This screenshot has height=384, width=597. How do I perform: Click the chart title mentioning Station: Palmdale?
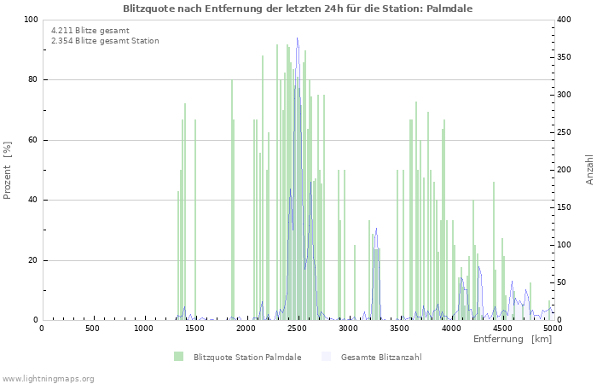(298, 8)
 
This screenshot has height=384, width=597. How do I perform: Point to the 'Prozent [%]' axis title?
(9, 170)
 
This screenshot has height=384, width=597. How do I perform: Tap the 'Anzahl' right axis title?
(589, 170)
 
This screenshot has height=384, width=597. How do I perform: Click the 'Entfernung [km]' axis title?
(513, 340)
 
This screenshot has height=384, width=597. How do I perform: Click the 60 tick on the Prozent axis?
(32, 140)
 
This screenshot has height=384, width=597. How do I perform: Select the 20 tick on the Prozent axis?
(32, 260)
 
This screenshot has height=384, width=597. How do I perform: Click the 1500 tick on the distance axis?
(194, 328)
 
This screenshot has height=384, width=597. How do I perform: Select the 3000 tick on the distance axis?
(348, 328)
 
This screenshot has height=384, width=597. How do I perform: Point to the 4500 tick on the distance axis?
(501, 328)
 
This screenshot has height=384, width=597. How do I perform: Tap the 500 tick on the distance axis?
(92, 328)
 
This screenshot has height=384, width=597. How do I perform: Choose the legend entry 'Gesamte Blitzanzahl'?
(380, 357)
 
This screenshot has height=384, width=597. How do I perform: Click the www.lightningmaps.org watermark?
(49, 378)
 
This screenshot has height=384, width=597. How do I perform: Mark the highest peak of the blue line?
(298, 38)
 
